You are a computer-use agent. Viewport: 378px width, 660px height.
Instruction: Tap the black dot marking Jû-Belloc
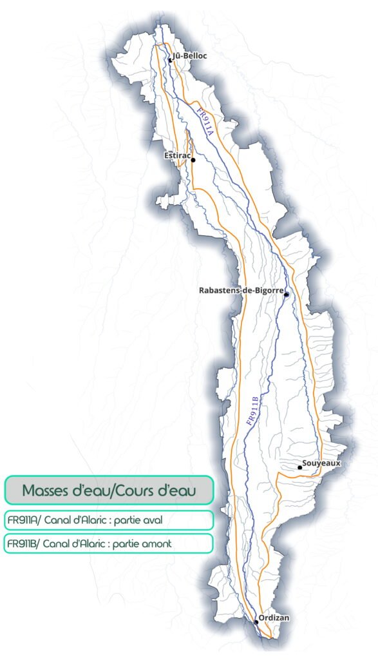170,60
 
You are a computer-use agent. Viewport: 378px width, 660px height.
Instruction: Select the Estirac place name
177,155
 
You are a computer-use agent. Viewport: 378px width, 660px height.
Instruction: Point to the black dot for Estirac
193,160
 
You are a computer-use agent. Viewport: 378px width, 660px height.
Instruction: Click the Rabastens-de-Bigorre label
241,291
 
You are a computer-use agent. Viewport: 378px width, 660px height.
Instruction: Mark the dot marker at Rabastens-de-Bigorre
286,295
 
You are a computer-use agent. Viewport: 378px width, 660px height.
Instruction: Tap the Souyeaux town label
321,463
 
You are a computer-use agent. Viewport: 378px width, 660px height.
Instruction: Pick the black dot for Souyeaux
299,467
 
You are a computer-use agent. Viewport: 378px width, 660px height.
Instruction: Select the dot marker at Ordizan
256,622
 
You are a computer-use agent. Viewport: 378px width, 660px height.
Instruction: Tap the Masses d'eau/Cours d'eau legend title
108,490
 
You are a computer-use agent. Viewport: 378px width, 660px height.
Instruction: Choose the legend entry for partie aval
108,520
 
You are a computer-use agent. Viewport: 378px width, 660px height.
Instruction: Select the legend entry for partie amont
108,543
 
